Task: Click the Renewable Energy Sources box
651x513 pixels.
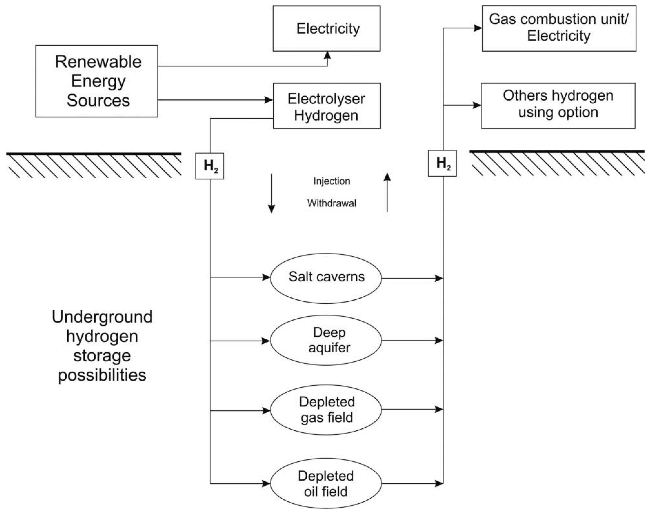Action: (96, 81)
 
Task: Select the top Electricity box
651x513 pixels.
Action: (327, 29)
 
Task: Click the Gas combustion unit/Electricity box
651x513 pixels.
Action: (559, 28)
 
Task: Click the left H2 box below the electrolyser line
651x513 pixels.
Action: (209, 166)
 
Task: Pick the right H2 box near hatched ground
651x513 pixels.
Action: (442, 163)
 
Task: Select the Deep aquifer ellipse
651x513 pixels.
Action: (326, 340)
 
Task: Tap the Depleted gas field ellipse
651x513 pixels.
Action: (326, 410)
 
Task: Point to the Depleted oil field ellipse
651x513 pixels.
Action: (326, 483)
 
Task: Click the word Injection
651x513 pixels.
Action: (332, 181)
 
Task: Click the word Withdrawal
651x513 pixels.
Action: (332, 203)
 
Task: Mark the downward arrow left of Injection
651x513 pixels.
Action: (271, 193)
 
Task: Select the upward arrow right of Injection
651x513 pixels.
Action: (387, 192)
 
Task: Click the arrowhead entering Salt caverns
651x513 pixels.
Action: (266, 277)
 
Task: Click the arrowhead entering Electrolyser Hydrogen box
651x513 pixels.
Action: (268, 100)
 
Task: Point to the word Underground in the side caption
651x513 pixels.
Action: (102, 317)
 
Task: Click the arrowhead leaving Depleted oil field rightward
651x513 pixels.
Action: (439, 483)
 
